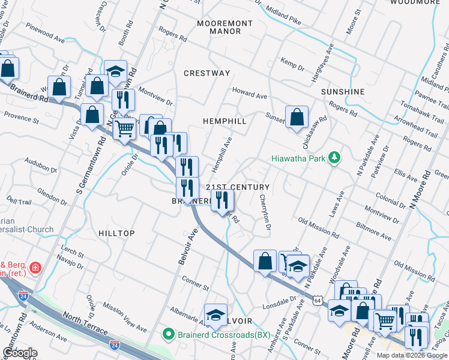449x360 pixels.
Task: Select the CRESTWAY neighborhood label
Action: [x=206, y=73]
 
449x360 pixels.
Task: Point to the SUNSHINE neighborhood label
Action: [x=343, y=91]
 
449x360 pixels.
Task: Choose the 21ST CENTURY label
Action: [x=238, y=188]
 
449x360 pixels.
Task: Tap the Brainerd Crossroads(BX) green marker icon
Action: [x=170, y=334]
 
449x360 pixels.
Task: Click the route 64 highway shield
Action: [x=316, y=299]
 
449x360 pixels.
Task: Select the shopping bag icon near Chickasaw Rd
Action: [x=297, y=117]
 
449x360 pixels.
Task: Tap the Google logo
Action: [x=20, y=353]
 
